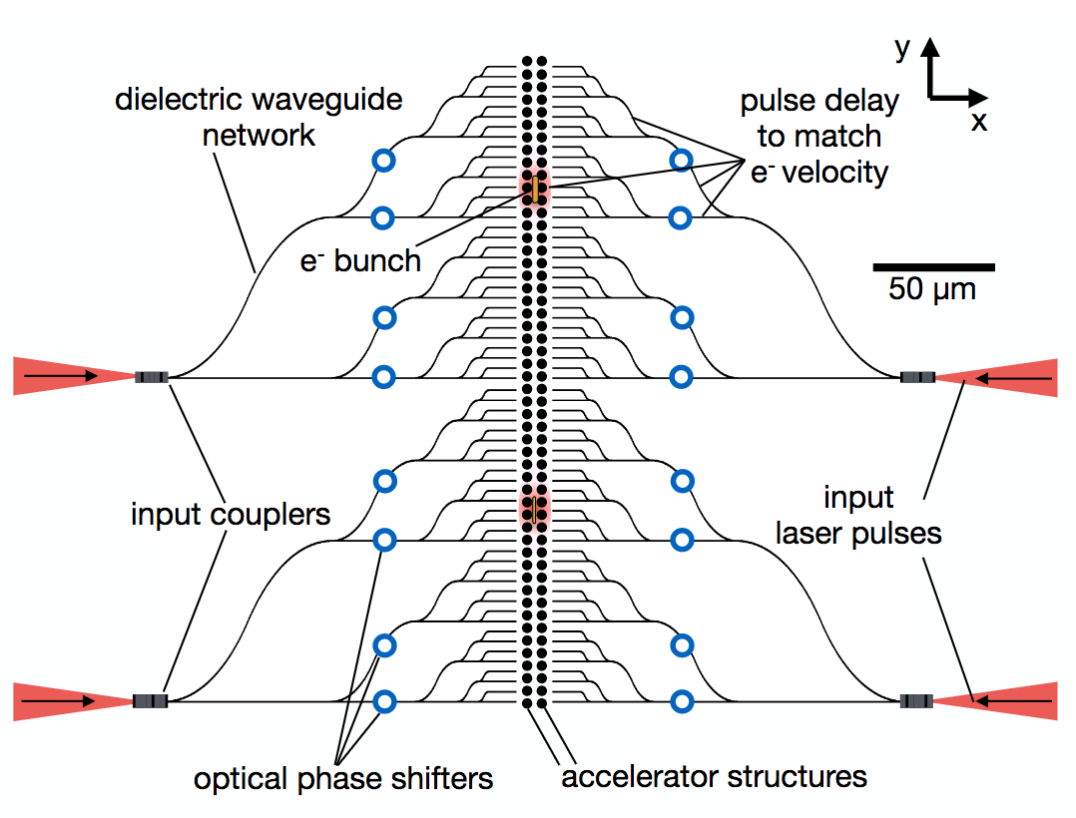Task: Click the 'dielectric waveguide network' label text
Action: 258,117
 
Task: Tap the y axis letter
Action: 902,47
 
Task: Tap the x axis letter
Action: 979,122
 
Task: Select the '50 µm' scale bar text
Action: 932,290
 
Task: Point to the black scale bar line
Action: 933,267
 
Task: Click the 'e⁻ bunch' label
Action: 360,261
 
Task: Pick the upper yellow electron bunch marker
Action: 535,187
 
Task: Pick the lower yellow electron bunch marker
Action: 535,509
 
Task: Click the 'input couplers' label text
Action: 231,515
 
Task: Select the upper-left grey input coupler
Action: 151,377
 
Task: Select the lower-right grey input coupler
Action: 916,701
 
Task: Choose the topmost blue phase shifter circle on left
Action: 383,160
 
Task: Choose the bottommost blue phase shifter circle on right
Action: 682,702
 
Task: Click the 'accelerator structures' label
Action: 714,776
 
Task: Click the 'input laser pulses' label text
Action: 859,515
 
